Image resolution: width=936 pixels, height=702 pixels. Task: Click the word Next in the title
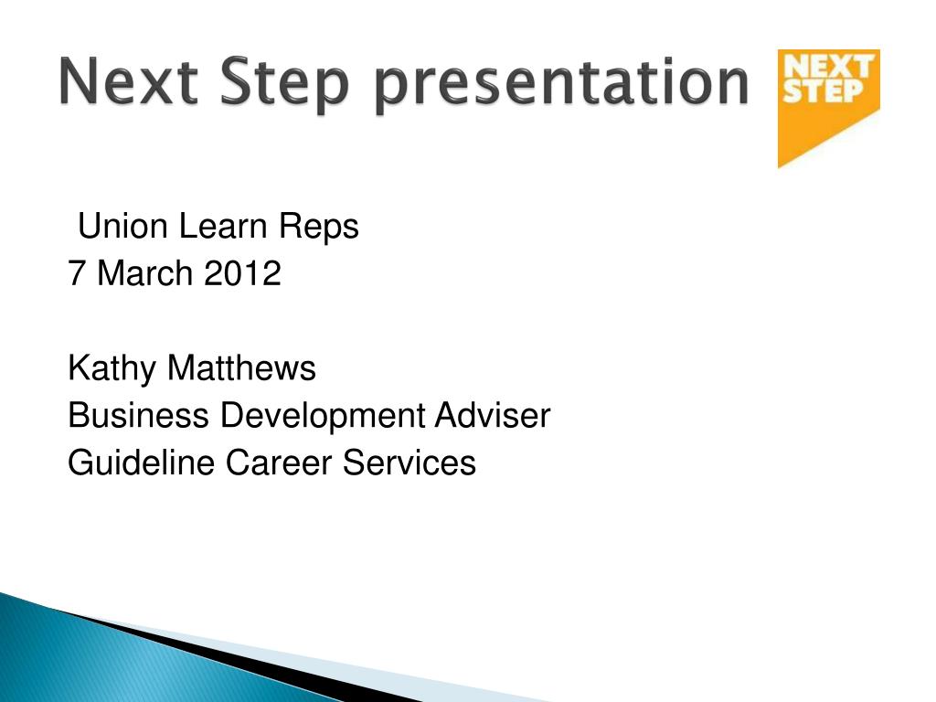[x=128, y=81]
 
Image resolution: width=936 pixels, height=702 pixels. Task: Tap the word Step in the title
[x=283, y=85]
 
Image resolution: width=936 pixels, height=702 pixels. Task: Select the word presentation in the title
[x=560, y=85]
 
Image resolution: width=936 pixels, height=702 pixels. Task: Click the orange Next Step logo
[x=828, y=108]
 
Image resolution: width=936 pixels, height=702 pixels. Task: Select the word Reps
[x=319, y=229]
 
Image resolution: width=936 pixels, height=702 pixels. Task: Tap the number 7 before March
[x=77, y=273]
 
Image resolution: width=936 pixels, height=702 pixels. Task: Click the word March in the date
[x=144, y=273]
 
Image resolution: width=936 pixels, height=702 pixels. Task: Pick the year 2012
[x=241, y=273]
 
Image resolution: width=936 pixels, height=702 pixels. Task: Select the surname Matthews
[x=241, y=367]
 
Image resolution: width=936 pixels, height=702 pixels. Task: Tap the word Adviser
[x=492, y=415]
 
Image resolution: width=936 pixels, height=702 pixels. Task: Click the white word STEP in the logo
[x=823, y=91]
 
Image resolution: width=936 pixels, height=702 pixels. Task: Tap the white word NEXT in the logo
[x=828, y=67]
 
